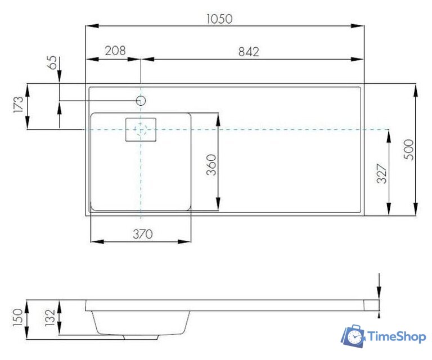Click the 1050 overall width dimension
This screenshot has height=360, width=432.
(219, 19)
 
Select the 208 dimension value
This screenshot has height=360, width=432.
(115, 51)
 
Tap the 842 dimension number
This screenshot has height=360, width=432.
(249, 52)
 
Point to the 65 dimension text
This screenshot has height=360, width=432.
(52, 62)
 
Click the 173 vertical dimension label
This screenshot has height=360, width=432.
(19, 104)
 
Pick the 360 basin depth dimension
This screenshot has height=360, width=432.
(211, 165)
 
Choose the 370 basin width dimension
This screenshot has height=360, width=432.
(143, 234)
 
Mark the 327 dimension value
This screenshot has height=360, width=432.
(382, 174)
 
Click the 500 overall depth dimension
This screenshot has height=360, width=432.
(408, 150)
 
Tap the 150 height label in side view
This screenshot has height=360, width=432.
(18, 318)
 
